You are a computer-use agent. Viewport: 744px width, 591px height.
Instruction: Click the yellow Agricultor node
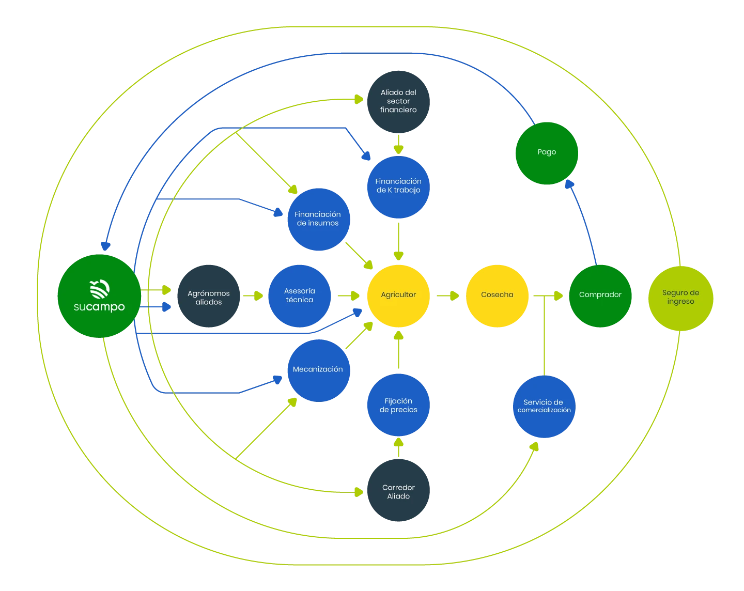click(x=398, y=295)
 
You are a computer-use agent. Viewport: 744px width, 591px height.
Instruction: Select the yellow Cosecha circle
click(x=497, y=295)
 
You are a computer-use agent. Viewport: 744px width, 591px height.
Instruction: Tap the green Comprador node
click(x=600, y=295)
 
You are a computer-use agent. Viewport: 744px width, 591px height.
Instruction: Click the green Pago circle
click(x=547, y=152)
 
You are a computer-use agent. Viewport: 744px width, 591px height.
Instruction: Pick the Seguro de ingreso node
click(x=680, y=297)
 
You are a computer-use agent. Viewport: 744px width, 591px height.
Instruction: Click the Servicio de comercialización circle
click(x=544, y=406)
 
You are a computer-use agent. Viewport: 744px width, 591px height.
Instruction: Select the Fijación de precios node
click(x=398, y=405)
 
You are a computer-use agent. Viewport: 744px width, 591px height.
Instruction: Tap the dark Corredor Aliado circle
click(x=398, y=491)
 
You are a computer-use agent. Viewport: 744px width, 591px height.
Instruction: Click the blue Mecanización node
click(x=318, y=369)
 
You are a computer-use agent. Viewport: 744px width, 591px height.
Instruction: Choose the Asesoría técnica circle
click(x=299, y=295)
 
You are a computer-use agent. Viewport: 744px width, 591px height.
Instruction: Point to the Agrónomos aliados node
click(x=209, y=297)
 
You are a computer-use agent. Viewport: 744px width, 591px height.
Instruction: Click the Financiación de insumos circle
click(x=318, y=219)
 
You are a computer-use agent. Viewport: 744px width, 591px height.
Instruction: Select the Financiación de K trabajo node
click(x=398, y=186)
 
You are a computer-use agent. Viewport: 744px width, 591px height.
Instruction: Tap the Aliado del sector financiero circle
click(x=398, y=101)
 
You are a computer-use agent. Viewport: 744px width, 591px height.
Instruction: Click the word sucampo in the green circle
click(x=99, y=307)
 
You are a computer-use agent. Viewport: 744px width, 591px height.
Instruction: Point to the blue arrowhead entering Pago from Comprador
click(x=569, y=184)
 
